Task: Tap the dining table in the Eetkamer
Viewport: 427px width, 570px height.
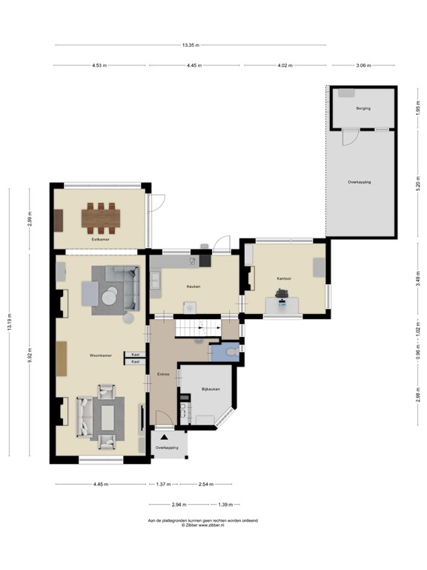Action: tap(101, 217)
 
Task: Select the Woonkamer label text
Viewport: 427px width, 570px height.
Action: tap(101, 356)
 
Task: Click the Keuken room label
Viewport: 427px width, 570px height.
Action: tap(193, 286)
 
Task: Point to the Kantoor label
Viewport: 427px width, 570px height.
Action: tap(283, 278)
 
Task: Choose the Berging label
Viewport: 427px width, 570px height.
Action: tap(363, 108)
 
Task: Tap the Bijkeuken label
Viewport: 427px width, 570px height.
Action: tap(211, 390)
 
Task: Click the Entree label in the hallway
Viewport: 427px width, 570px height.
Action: tap(163, 374)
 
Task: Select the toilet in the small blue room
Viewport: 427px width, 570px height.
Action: tap(232, 351)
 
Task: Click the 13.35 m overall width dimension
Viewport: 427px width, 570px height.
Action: tap(190, 45)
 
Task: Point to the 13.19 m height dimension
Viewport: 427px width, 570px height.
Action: tap(10, 322)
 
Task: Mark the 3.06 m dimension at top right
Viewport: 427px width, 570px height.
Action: tap(363, 66)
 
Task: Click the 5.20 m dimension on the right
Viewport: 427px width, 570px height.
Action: tap(417, 183)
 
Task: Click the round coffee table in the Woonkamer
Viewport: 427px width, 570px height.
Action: tap(110, 296)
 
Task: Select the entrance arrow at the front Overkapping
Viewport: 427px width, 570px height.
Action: tap(163, 439)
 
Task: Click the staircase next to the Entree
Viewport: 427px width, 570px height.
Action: tap(198, 327)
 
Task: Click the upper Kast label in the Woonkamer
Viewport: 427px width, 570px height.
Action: tap(135, 355)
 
